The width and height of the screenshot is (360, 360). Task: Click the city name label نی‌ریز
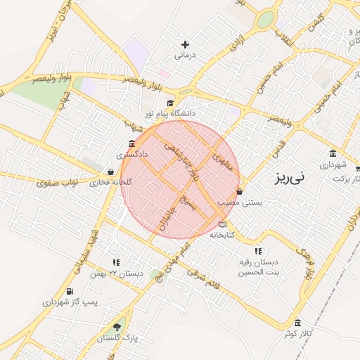click(x=288, y=179)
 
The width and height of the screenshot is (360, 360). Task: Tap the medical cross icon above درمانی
click(x=185, y=44)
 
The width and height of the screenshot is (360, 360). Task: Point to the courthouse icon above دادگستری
click(x=132, y=143)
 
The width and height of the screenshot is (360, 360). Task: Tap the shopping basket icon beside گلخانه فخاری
click(x=110, y=172)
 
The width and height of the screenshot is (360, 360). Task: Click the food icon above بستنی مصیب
click(x=240, y=191)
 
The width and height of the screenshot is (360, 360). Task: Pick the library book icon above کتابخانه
click(x=223, y=224)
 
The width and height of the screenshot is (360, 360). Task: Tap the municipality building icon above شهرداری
click(x=333, y=154)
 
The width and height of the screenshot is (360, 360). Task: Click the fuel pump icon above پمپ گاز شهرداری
click(x=69, y=292)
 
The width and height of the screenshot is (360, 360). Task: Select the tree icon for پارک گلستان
click(x=117, y=327)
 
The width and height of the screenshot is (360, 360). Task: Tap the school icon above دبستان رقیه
click(x=258, y=251)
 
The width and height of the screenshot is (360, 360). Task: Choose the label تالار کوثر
click(x=297, y=333)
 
